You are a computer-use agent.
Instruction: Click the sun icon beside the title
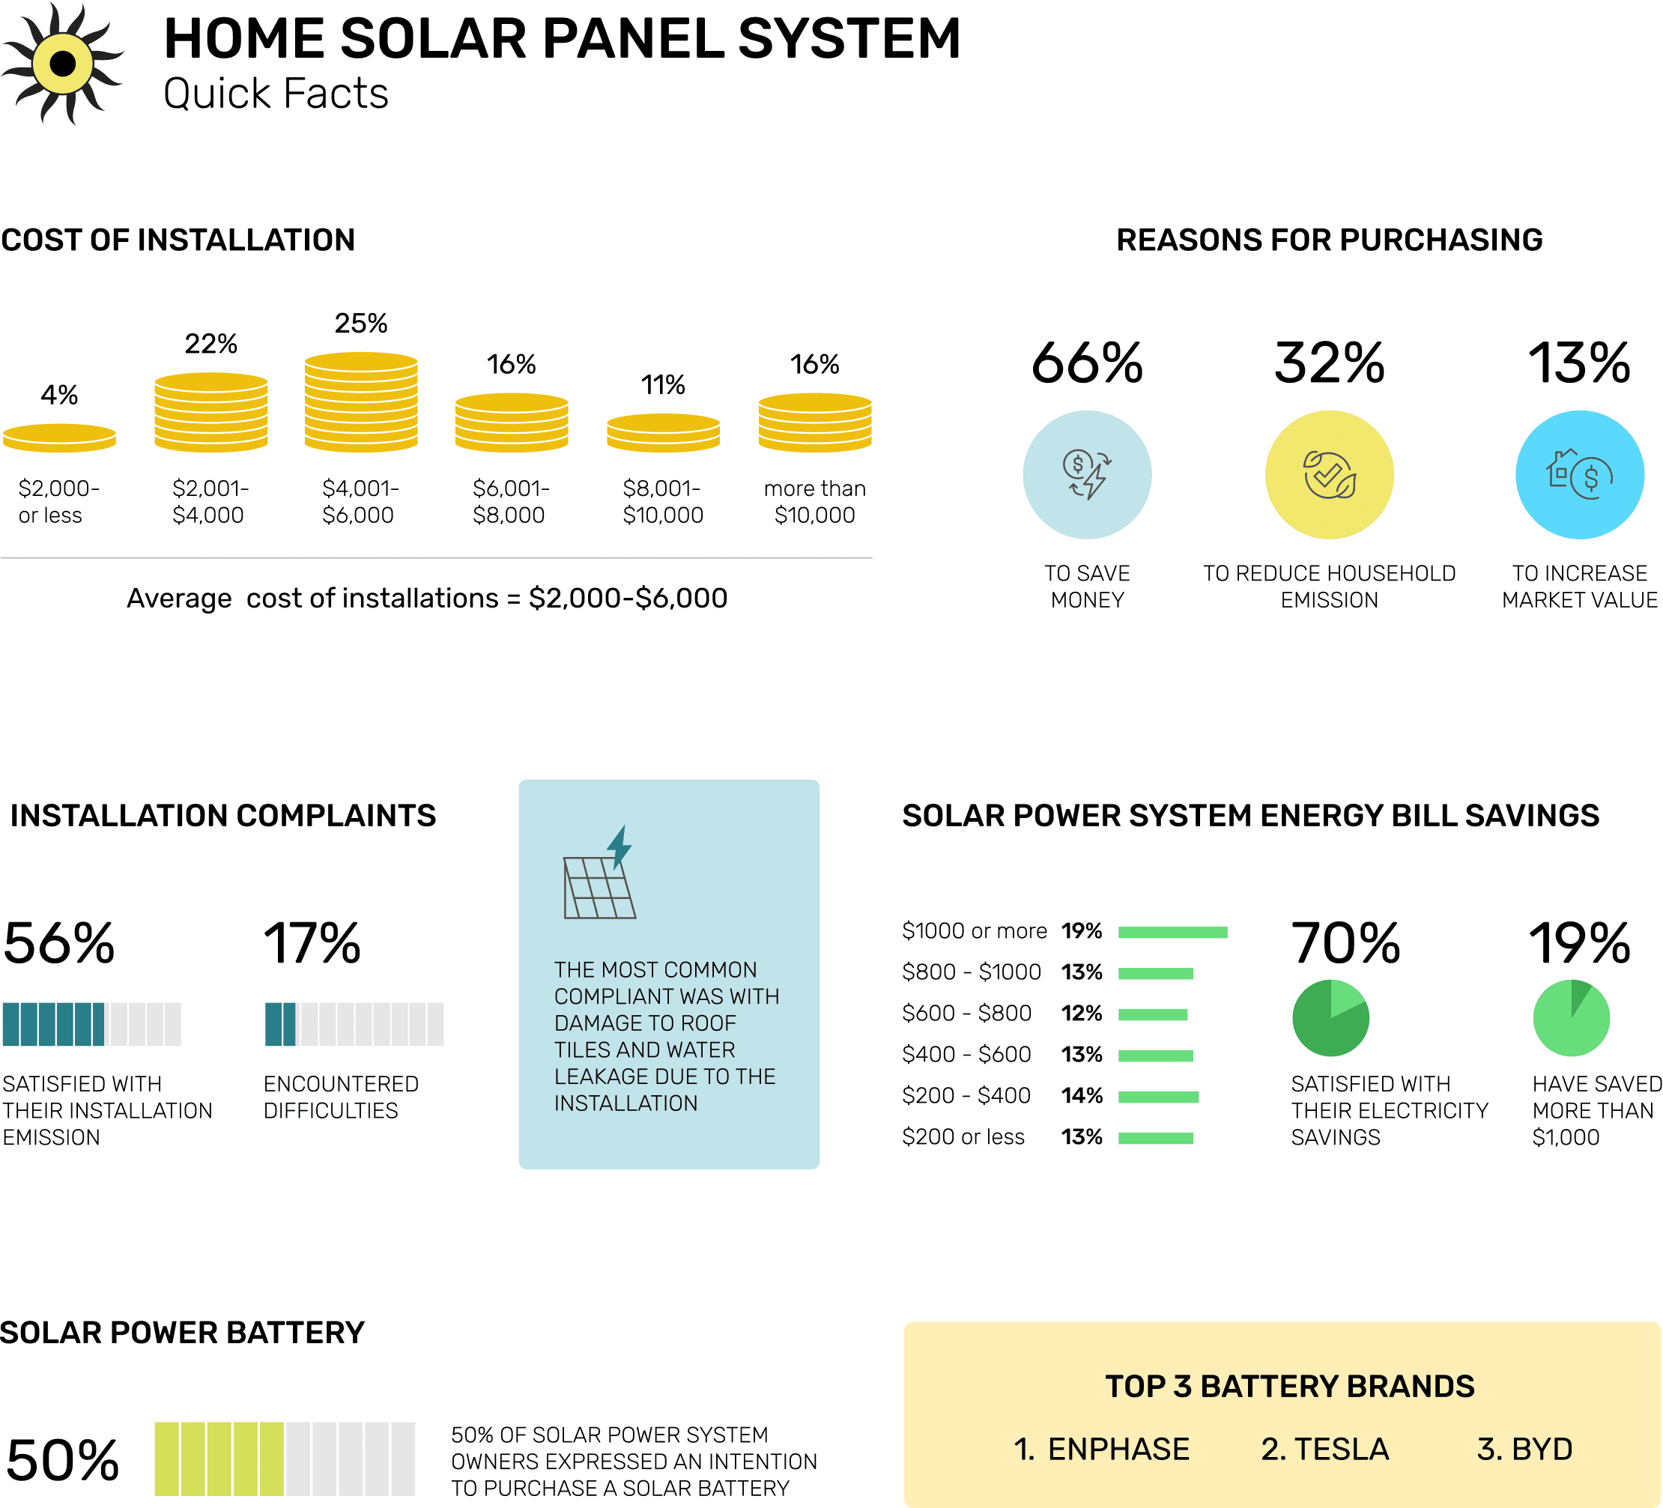coord(63,64)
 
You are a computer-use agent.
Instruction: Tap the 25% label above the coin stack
coord(360,323)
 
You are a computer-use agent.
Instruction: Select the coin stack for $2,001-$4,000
coord(210,412)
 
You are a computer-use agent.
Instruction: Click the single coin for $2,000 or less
coord(59,437)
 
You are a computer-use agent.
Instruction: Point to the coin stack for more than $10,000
coord(814,423)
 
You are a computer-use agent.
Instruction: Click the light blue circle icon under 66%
coord(1086,474)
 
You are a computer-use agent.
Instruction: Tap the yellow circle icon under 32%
coord(1329,474)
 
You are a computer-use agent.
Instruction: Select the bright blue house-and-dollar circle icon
coord(1579,474)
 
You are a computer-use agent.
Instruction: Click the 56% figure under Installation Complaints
coord(58,943)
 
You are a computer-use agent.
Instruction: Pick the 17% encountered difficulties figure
coord(312,943)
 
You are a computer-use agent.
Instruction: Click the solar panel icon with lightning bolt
coord(600,874)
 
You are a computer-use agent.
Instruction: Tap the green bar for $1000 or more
coord(1172,932)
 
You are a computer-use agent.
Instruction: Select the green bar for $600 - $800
coord(1152,1014)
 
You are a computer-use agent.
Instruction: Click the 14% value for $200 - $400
coord(1082,1095)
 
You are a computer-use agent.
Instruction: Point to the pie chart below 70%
coord(1330,1018)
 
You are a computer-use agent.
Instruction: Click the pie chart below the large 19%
coord(1571,1018)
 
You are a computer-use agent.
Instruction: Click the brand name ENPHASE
coord(1118,1449)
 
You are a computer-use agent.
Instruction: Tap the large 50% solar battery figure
coord(63,1460)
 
